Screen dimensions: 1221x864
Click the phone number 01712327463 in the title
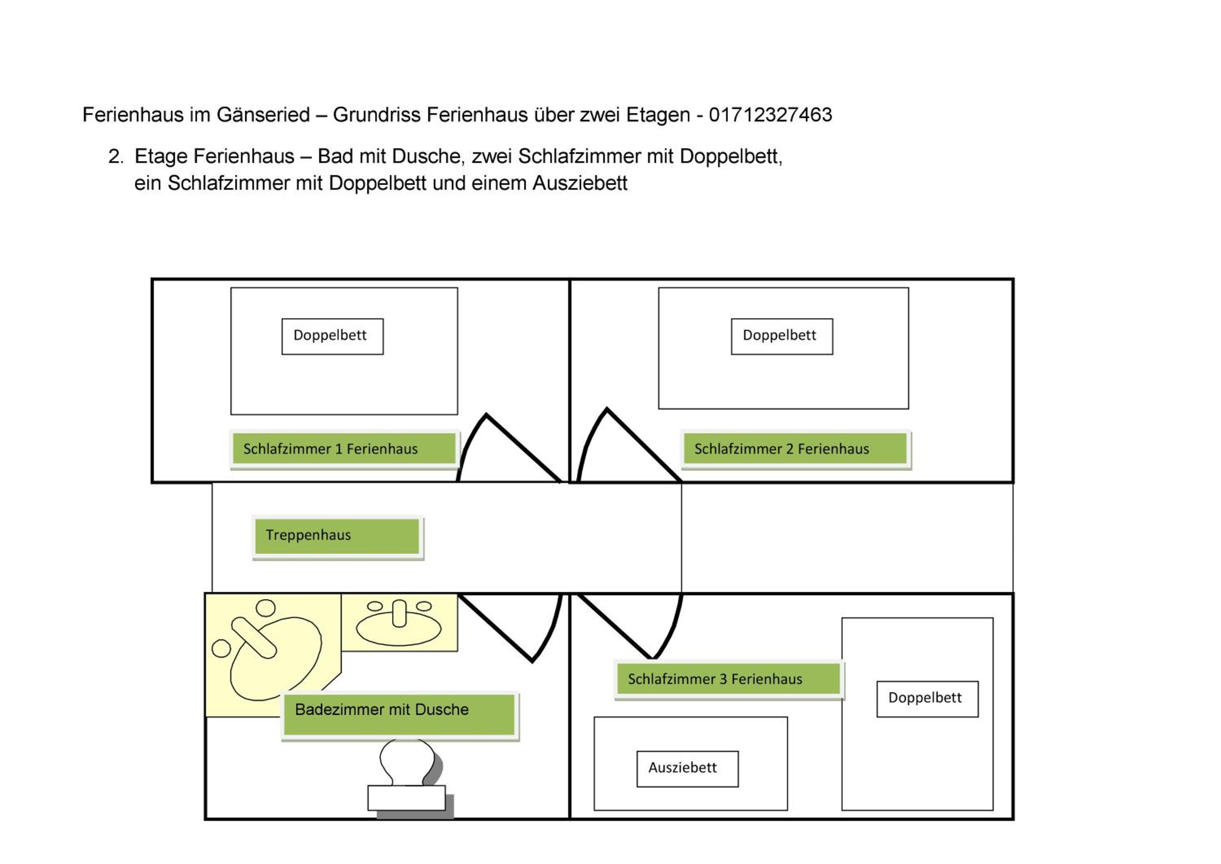tap(770, 115)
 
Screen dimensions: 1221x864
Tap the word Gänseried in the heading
tap(263, 115)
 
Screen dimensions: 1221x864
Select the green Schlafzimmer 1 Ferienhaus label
tap(344, 449)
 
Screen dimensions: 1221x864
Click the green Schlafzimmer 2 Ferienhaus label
tap(796, 449)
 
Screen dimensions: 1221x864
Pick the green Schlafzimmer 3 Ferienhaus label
tap(729, 680)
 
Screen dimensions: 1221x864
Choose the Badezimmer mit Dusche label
tap(400, 715)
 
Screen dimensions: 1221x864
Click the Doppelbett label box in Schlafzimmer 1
tap(333, 336)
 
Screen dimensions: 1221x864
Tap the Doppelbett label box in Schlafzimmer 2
tap(782, 336)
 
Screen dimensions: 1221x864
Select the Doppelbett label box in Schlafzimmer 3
tap(928, 699)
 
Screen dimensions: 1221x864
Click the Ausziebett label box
tap(687, 769)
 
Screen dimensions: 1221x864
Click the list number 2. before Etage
tap(116, 156)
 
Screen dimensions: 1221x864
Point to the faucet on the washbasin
tap(399, 614)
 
